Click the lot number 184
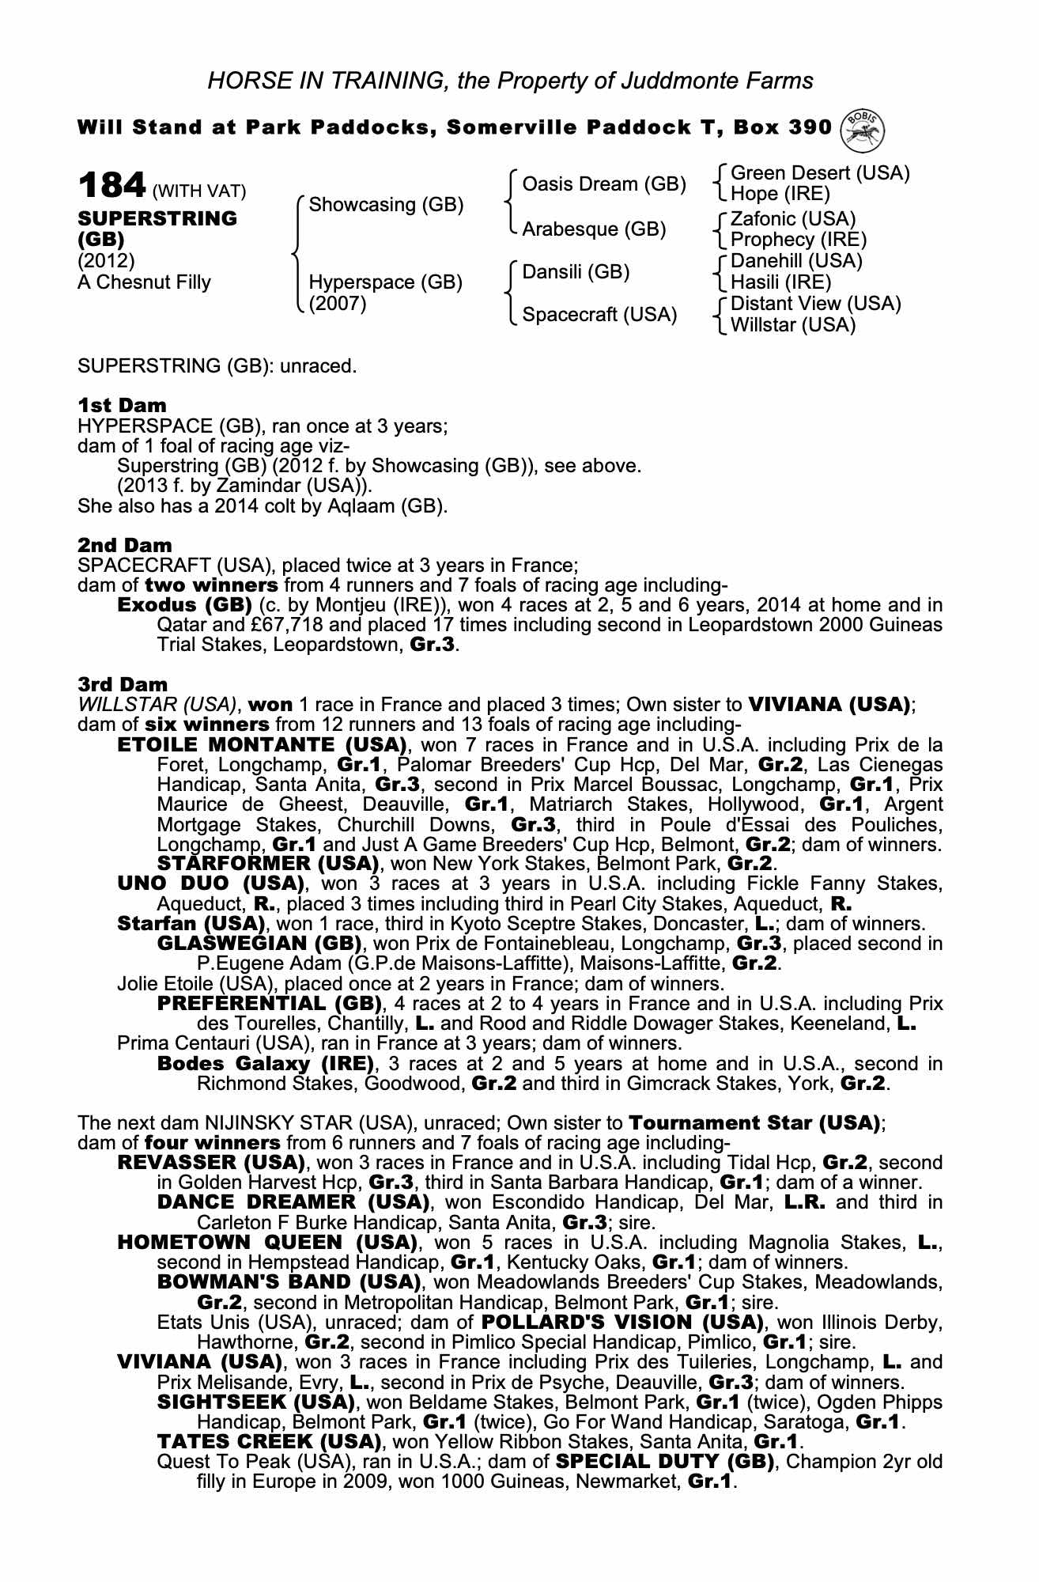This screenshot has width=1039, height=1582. [111, 187]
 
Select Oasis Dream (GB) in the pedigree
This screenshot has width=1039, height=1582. [604, 184]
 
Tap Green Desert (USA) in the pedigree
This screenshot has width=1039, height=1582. [820, 173]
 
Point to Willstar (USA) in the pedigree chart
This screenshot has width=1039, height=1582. [792, 325]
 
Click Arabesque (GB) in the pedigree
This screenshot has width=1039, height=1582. [594, 229]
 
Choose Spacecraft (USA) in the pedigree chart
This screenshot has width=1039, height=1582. [599, 315]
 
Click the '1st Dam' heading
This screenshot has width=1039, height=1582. [122, 406]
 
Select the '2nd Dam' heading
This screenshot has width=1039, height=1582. [124, 545]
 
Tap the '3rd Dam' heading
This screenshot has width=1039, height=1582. [123, 684]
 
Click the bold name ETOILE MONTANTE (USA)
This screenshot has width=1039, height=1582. [262, 744]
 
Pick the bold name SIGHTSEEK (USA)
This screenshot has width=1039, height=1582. [255, 1402]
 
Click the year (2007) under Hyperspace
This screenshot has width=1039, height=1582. [338, 303]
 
